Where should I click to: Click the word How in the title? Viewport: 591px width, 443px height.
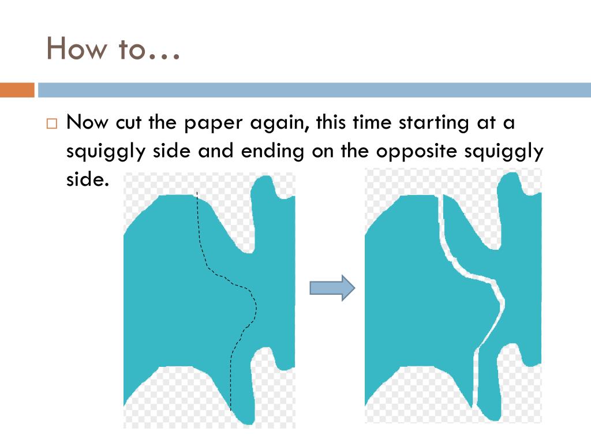point(77,48)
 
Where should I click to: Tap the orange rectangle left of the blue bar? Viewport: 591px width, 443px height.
point(17,90)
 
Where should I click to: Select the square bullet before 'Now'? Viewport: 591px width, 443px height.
point(51,123)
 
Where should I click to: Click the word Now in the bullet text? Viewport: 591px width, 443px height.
point(87,122)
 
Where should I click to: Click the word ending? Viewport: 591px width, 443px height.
point(272,152)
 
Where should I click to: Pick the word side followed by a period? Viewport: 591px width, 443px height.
point(88,179)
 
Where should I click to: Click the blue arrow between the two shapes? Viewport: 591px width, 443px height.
point(332,288)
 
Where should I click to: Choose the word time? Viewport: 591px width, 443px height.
point(372,122)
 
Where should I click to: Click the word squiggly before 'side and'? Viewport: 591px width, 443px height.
point(106,152)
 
